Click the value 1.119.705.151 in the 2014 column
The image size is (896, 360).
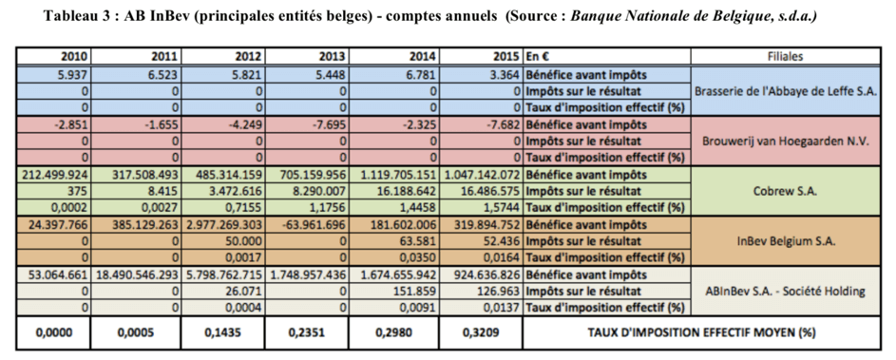pos(398,174)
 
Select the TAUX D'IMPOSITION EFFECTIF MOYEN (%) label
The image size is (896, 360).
pos(701,332)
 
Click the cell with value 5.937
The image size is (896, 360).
pos(74,74)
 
